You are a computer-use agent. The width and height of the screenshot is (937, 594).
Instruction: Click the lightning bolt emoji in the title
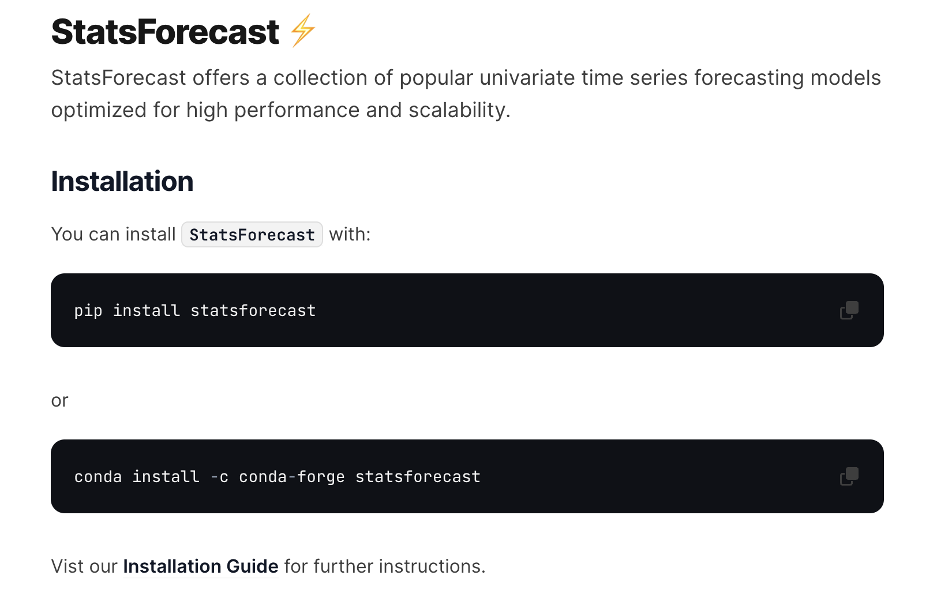click(x=303, y=31)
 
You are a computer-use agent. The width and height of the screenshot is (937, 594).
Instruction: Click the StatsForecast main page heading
click(x=165, y=32)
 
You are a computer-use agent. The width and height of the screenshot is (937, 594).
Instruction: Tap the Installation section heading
click(x=122, y=181)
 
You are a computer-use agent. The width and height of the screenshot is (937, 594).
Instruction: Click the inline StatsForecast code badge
click(x=252, y=235)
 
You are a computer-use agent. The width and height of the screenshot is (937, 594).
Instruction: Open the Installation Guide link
click(x=201, y=566)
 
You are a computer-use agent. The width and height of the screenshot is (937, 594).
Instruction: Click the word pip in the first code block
click(x=88, y=311)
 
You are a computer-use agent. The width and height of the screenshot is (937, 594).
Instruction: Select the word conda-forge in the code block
click(x=291, y=477)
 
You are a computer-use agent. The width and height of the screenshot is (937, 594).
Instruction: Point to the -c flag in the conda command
click(x=219, y=477)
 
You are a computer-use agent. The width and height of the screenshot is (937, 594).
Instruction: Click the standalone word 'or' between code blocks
click(x=59, y=400)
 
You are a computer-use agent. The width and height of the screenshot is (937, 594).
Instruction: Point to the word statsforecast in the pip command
click(x=253, y=311)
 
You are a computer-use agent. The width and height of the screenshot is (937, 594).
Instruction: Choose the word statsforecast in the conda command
click(x=418, y=477)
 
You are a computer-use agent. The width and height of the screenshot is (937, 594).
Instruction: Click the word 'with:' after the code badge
click(x=350, y=235)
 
